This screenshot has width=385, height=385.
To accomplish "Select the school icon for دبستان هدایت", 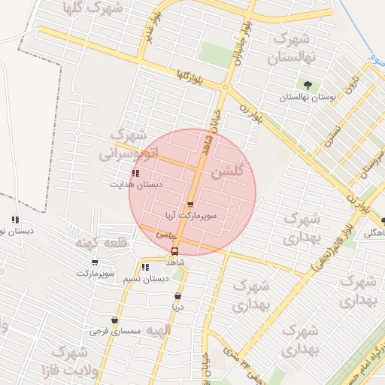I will (135, 173).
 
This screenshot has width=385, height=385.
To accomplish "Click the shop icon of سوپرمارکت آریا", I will (189, 204).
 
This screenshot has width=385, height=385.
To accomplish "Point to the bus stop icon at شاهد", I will (174, 251).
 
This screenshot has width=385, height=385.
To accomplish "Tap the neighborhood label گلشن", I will (228, 172).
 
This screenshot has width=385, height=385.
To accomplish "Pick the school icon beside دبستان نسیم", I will (145, 267).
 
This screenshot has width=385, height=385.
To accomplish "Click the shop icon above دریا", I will (178, 295).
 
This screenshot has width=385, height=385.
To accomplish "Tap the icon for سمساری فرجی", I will (114, 320).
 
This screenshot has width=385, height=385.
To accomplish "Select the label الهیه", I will (159, 330).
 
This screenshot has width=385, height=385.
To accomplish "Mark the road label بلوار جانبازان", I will (238, 51).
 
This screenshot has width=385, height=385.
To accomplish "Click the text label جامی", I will (161, 235).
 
